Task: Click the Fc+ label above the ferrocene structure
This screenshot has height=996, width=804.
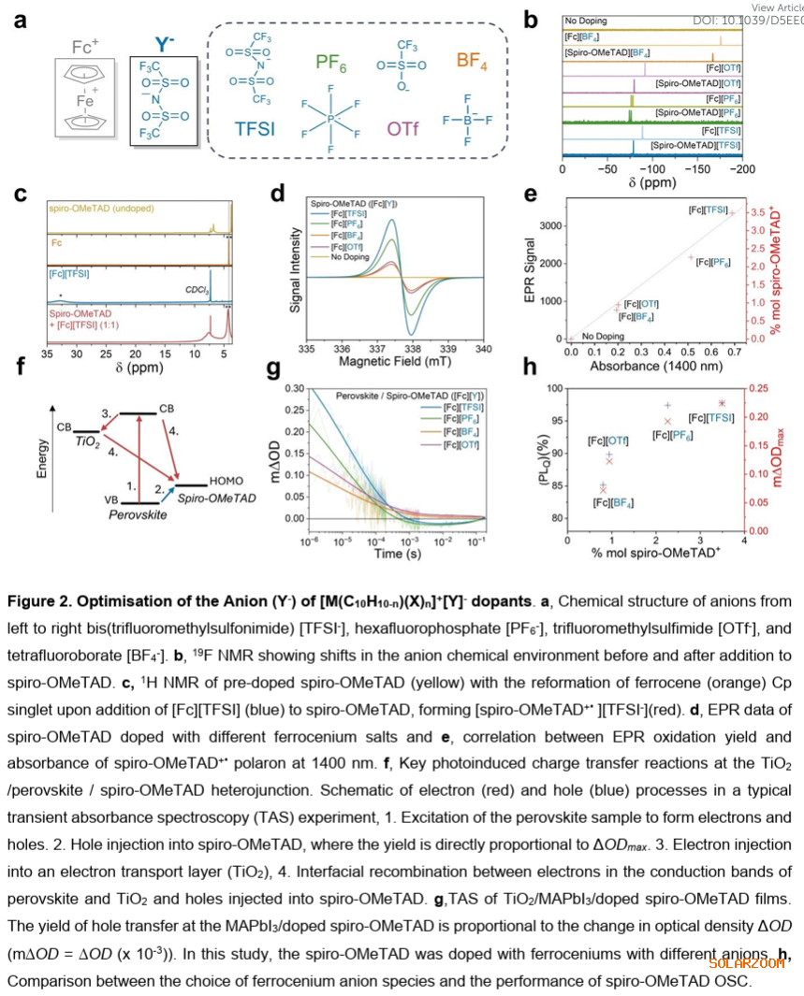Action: click(x=88, y=46)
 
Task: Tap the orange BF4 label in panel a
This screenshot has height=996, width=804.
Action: click(x=473, y=62)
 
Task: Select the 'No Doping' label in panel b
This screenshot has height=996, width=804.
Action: click(x=586, y=21)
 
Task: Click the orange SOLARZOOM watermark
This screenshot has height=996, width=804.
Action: click(x=746, y=962)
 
